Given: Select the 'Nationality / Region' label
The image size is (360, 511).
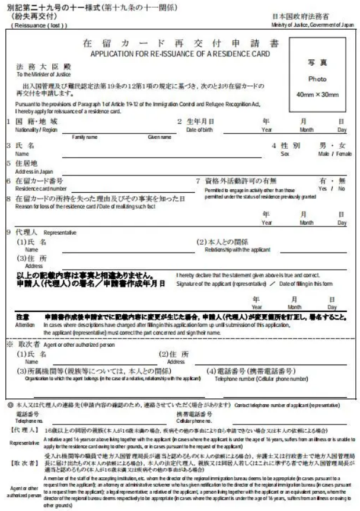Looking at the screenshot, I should point(36,129).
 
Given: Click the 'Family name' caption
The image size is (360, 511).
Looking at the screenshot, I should point(84,137).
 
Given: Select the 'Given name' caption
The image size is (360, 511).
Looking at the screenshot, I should point(160,137).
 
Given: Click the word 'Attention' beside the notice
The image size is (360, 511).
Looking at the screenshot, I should point(26,325).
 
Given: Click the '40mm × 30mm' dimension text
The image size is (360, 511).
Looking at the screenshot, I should point(316,95).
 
